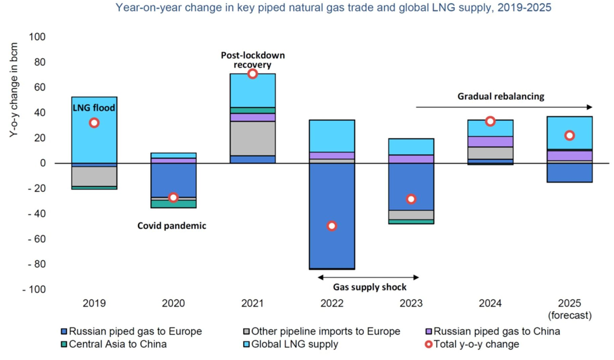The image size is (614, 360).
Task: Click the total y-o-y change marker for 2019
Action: [x=94, y=123]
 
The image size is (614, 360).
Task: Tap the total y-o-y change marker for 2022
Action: [x=332, y=226]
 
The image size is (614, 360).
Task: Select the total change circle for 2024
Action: [x=490, y=122]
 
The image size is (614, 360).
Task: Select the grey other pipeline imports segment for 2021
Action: [x=252, y=138]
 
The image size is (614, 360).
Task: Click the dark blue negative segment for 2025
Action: [x=569, y=173]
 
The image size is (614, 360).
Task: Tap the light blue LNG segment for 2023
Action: [x=411, y=146]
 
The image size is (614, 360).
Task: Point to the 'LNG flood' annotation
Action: [x=94, y=107]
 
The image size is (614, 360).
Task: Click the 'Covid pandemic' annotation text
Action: [x=172, y=226]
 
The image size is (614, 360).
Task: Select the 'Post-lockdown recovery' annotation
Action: [x=252, y=60]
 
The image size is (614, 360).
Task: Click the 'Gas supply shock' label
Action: [x=370, y=287]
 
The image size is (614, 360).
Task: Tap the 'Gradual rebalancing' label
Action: [x=501, y=96]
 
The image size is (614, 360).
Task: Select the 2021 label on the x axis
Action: [x=252, y=304]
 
